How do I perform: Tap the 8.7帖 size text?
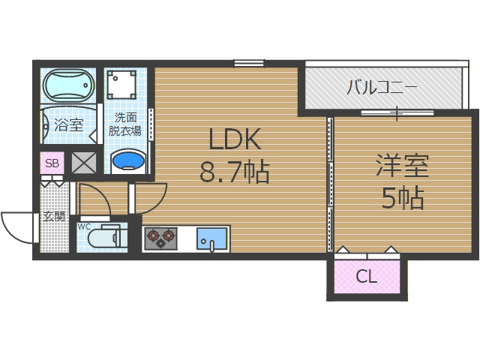(234, 173)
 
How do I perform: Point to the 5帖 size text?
(402, 198)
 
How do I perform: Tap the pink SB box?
(52, 163)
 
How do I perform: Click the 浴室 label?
(69, 125)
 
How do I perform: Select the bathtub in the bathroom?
(67, 85)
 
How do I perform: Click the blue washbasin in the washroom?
(127, 162)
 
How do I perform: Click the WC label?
(83, 225)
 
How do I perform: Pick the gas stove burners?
(160, 238)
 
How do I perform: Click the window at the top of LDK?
(248, 63)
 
